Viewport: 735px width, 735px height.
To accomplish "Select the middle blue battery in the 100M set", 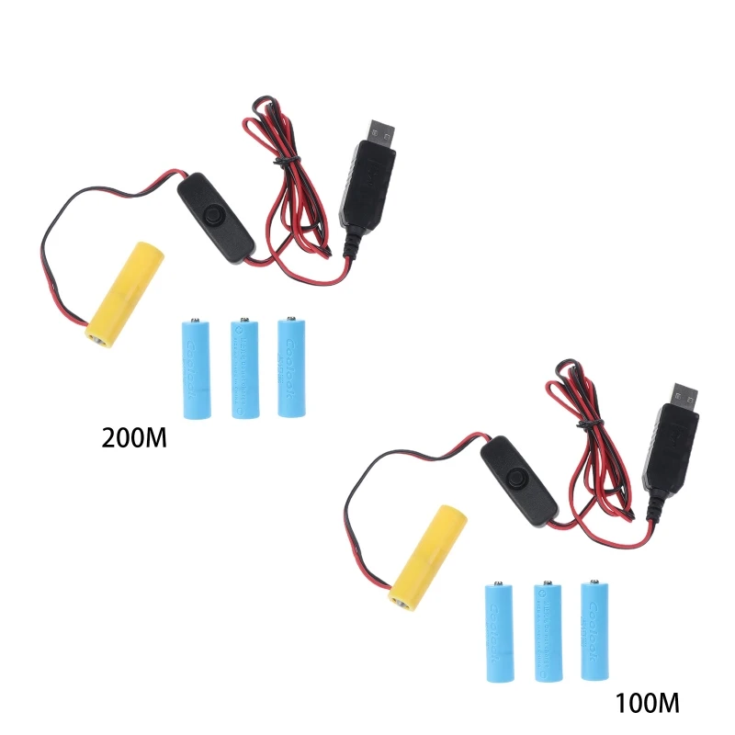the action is point(547,631).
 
